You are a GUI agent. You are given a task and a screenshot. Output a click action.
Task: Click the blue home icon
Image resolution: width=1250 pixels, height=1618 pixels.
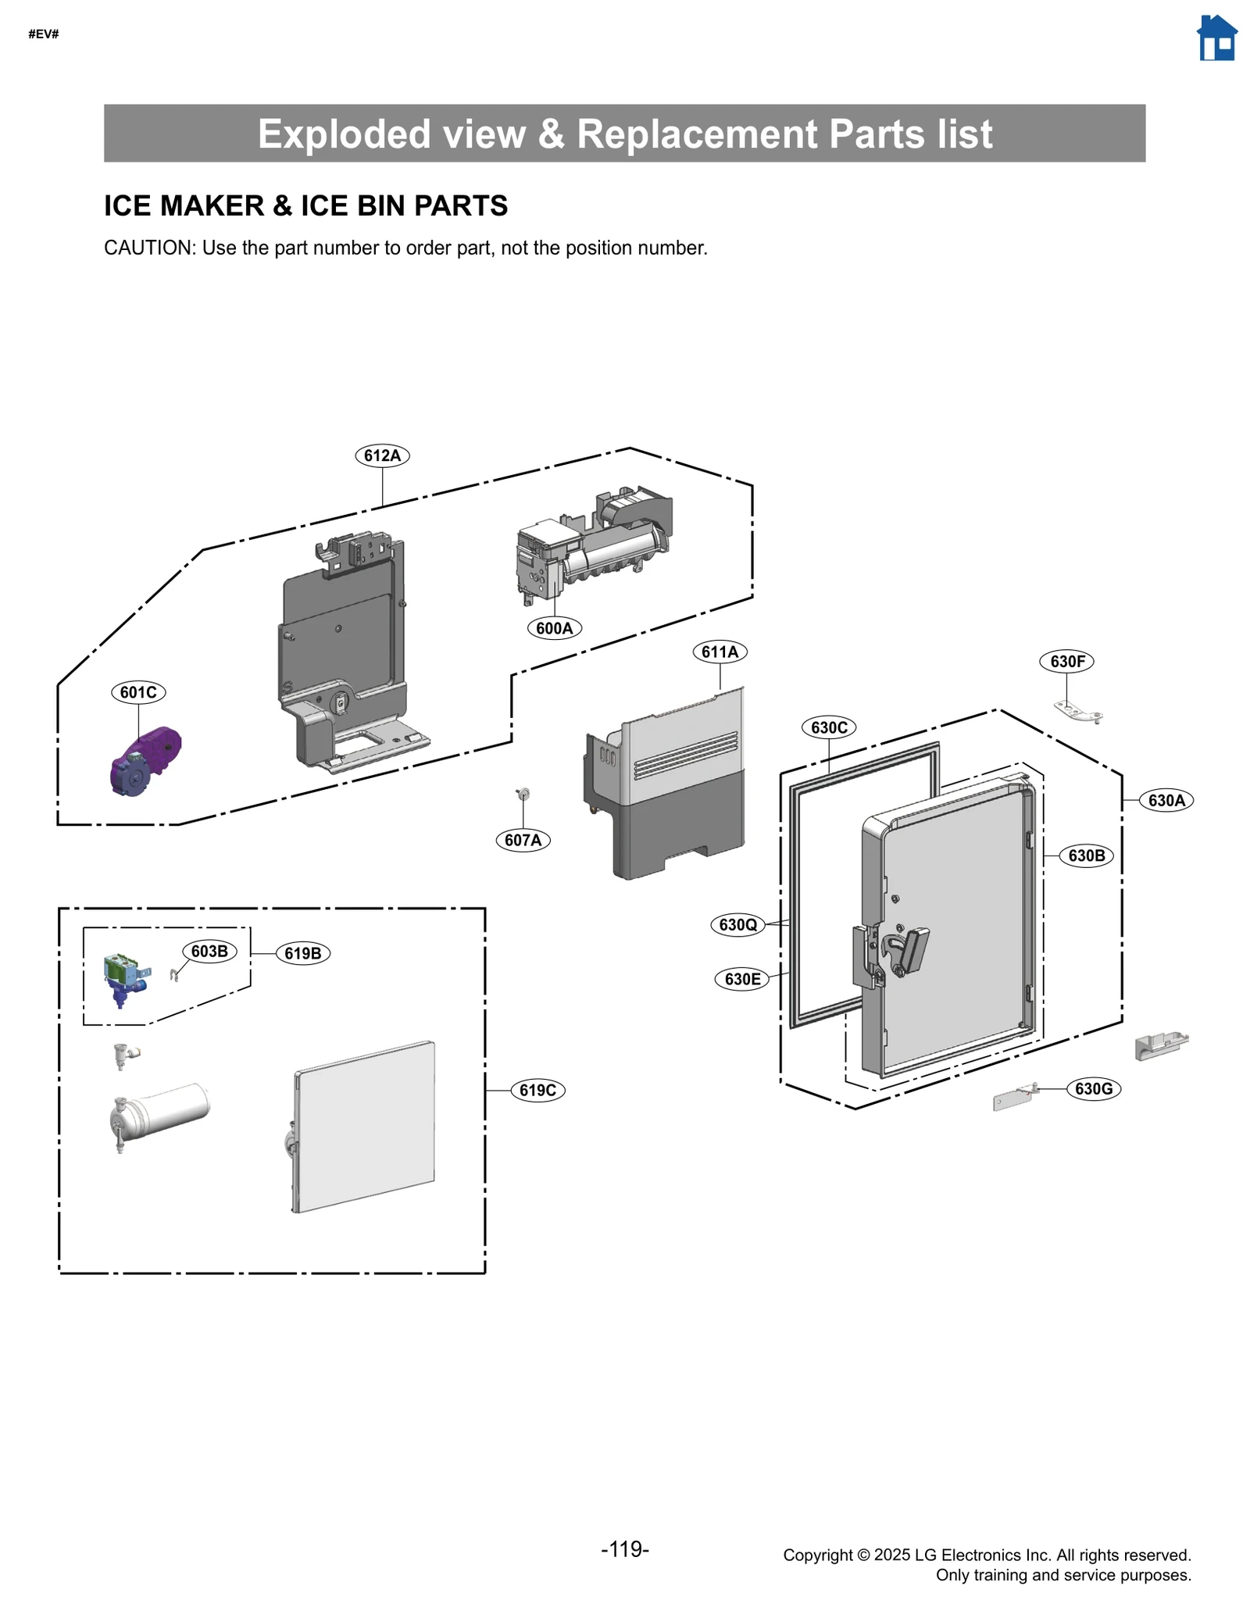(x=1216, y=38)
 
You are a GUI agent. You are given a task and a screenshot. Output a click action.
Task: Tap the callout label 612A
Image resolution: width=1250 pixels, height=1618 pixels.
(x=382, y=455)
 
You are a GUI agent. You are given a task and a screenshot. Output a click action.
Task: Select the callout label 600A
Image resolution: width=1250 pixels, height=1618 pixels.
(x=554, y=628)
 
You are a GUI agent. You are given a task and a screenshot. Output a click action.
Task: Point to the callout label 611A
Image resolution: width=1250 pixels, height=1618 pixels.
(x=720, y=652)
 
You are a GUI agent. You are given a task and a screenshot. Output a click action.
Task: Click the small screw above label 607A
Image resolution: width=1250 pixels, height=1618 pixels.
(x=523, y=795)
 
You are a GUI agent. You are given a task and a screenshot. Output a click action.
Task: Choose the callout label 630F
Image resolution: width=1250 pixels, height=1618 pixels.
(x=1066, y=662)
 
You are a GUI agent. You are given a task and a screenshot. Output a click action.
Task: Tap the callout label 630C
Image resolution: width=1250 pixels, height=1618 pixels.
(x=828, y=727)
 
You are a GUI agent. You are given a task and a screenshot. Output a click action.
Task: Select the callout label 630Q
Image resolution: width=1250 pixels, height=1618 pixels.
(x=737, y=925)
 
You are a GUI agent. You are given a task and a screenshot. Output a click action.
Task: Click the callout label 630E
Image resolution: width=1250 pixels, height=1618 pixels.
(x=741, y=979)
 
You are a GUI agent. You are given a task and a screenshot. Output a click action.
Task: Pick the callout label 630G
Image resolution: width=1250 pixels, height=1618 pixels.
(x=1093, y=1088)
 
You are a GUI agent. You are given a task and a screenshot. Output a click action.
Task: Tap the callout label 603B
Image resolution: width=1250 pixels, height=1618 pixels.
(x=209, y=951)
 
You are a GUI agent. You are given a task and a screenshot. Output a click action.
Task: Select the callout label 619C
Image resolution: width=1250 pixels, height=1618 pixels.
(x=537, y=1090)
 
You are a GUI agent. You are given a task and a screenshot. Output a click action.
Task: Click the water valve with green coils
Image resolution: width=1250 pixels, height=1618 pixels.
(x=124, y=977)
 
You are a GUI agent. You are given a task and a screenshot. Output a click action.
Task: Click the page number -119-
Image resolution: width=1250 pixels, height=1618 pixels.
(x=624, y=1548)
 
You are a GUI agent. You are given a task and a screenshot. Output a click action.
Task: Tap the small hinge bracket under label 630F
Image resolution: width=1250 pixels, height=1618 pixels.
(x=1077, y=711)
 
